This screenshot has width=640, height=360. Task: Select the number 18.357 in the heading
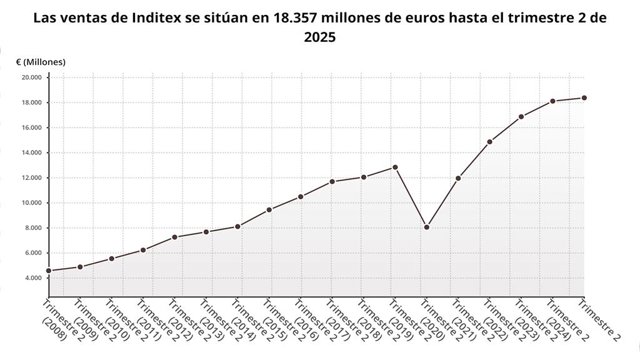tap(291, 18)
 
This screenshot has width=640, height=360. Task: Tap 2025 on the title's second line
tap(320, 37)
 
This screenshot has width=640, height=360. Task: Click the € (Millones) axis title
tap(41, 62)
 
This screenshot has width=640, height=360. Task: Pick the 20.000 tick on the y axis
tap(32, 78)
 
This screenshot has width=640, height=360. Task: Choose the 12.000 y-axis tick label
tap(32, 178)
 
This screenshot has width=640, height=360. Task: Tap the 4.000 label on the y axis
tap(33, 278)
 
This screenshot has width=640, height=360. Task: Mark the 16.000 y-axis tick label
tap(32, 128)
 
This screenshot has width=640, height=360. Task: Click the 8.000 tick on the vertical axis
tap(33, 228)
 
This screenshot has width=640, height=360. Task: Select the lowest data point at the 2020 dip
tap(427, 227)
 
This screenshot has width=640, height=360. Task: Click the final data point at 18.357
tap(584, 98)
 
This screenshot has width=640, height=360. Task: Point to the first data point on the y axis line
tap(49, 271)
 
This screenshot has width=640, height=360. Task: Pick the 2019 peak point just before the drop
tap(395, 167)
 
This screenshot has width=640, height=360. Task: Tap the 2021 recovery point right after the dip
tap(458, 178)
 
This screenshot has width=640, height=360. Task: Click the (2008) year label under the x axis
tap(54, 330)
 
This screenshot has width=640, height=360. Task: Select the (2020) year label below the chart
tap(432, 330)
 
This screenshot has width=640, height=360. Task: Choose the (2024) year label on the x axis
tap(558, 330)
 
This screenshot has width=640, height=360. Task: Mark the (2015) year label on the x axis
tap(274, 330)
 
